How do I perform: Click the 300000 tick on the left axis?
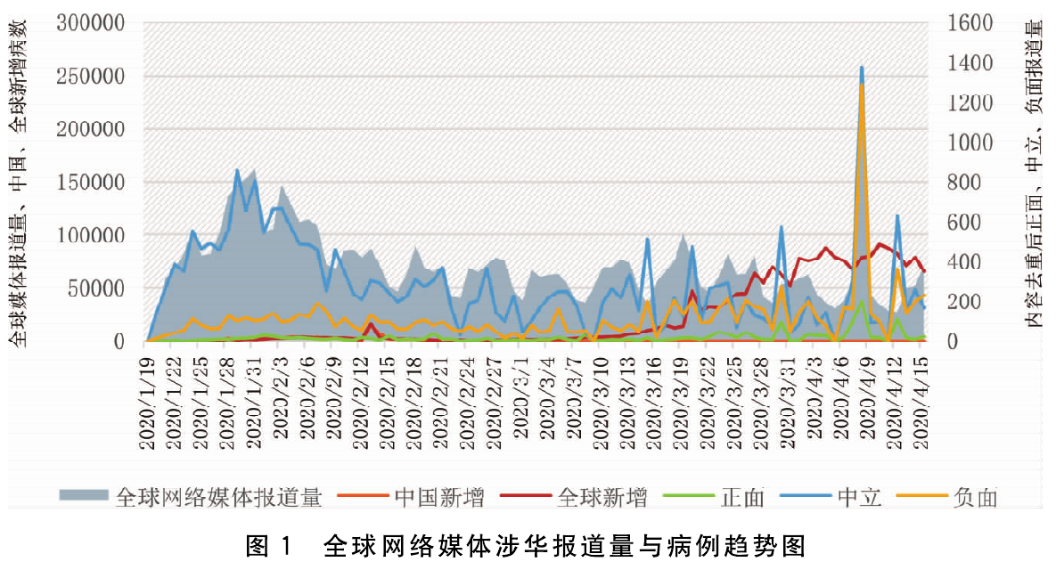tap(92, 23)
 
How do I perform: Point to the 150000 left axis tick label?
tap(92, 183)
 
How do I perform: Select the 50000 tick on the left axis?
tap(97, 289)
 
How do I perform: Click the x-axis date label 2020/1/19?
tap(149, 397)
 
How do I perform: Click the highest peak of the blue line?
tap(862, 67)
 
